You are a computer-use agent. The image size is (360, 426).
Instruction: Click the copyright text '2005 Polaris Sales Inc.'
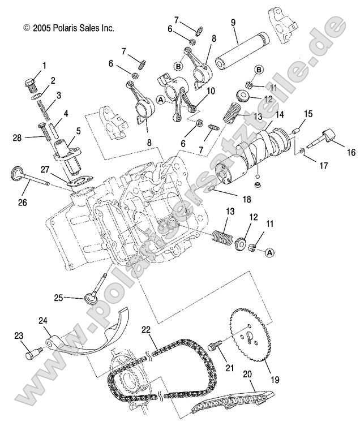68,27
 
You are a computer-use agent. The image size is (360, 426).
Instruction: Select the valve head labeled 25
90,298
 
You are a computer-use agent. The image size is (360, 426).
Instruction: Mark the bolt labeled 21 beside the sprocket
216,345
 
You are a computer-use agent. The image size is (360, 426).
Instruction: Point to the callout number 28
18,137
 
